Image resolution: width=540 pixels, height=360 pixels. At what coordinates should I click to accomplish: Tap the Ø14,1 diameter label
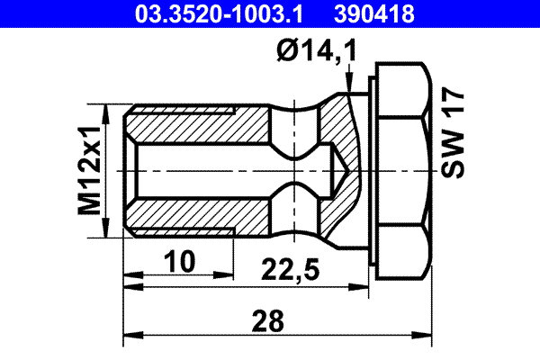(x=315, y=53)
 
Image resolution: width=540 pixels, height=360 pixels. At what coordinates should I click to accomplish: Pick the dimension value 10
(x=180, y=262)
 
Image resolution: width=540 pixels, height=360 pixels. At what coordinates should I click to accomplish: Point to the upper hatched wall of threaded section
(x=198, y=121)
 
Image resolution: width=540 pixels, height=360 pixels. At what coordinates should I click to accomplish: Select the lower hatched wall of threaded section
(x=198, y=220)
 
